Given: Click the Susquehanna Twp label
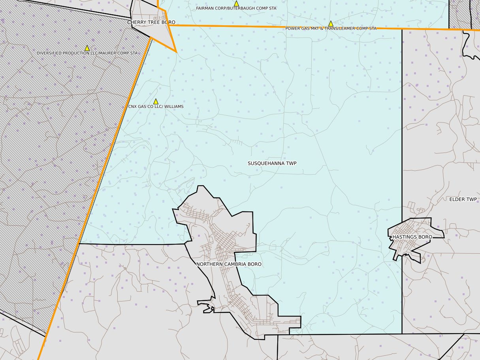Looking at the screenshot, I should (x=272, y=163).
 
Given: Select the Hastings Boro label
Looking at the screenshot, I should (x=412, y=237).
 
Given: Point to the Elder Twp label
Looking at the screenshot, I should (x=463, y=199).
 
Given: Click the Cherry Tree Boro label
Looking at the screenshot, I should (x=151, y=23).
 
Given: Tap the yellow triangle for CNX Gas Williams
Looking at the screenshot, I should (x=156, y=102).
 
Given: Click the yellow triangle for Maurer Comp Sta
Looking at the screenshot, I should (x=87, y=48).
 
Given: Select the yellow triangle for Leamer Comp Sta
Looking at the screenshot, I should (x=331, y=24).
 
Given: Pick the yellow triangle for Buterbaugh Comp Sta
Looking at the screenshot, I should (x=236, y=4).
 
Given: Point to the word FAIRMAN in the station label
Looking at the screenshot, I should (x=205, y=8).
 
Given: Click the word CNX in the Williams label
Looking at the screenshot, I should (x=133, y=107).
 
